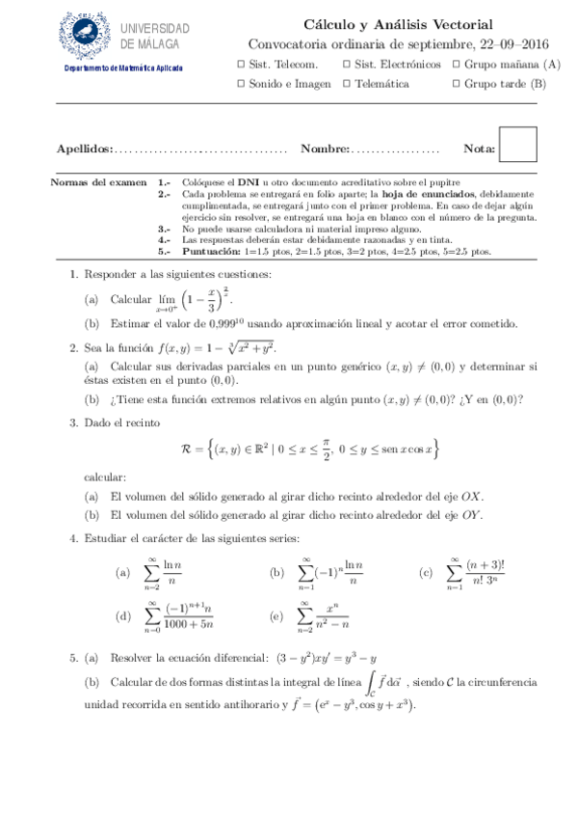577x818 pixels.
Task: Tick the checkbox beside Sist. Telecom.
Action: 241,65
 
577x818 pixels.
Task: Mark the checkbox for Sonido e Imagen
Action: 241,84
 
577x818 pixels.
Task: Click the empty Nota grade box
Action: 518,145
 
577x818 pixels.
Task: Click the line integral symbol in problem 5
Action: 374,683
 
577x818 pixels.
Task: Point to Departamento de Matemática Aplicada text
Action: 123,68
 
